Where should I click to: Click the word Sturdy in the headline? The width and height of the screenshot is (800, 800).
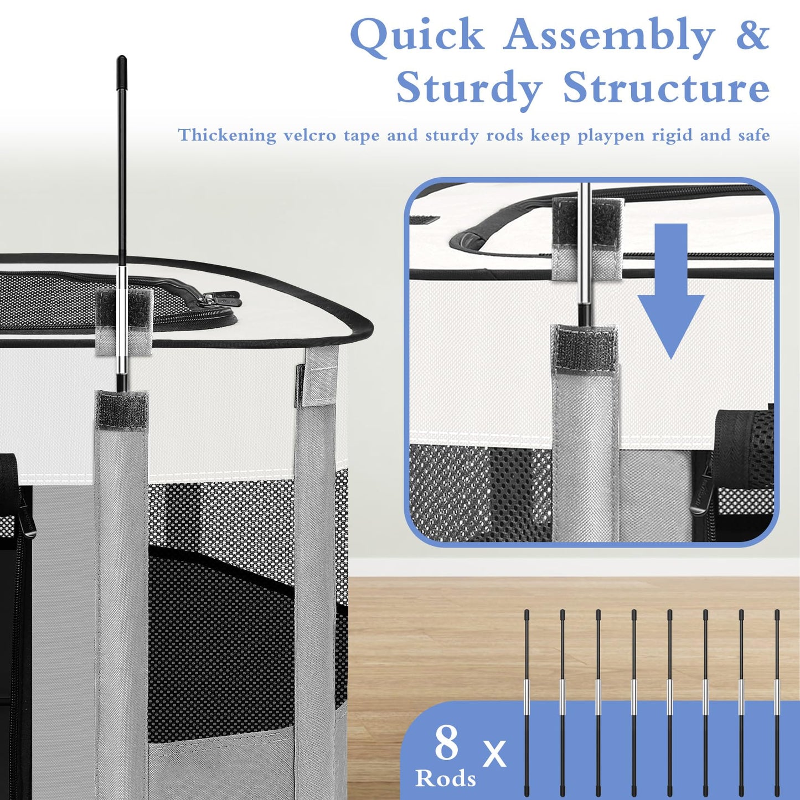(x=469, y=89)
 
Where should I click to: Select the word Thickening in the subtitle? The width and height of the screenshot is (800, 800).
(x=227, y=136)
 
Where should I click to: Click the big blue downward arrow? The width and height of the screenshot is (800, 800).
(x=671, y=291)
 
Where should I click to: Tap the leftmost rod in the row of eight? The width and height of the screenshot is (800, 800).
(x=527, y=697)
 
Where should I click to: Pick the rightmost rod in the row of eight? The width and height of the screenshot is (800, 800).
(x=777, y=697)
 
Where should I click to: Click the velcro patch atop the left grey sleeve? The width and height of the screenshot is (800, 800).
(x=122, y=409)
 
